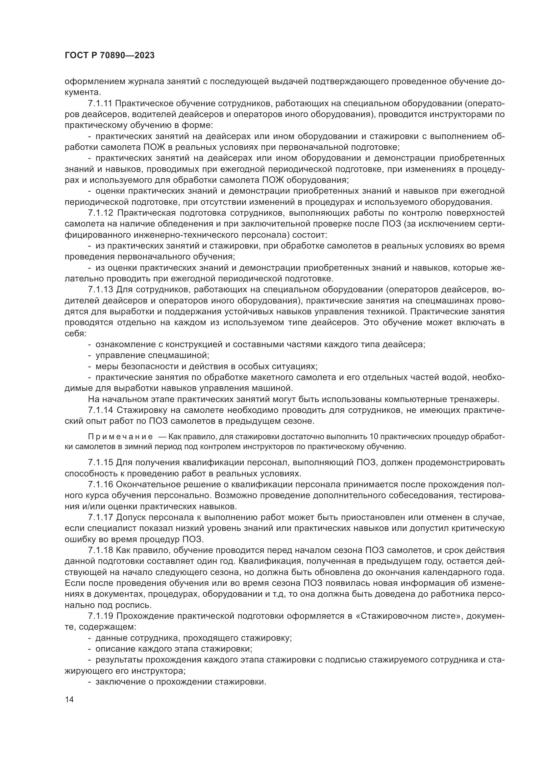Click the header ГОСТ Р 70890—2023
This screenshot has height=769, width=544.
[110, 55]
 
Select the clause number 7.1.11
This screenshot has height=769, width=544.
[101, 104]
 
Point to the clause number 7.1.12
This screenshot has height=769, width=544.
[101, 213]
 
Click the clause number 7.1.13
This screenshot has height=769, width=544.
[101, 290]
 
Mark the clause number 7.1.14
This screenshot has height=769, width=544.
[101, 410]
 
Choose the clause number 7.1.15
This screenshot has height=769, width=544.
[101, 463]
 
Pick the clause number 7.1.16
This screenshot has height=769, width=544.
[101, 485]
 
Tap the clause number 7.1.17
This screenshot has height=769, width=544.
[101, 517]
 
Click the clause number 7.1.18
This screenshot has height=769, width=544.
[101, 550]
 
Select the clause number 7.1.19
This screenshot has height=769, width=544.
[101, 616]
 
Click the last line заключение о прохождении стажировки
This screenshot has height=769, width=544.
[181, 682]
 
